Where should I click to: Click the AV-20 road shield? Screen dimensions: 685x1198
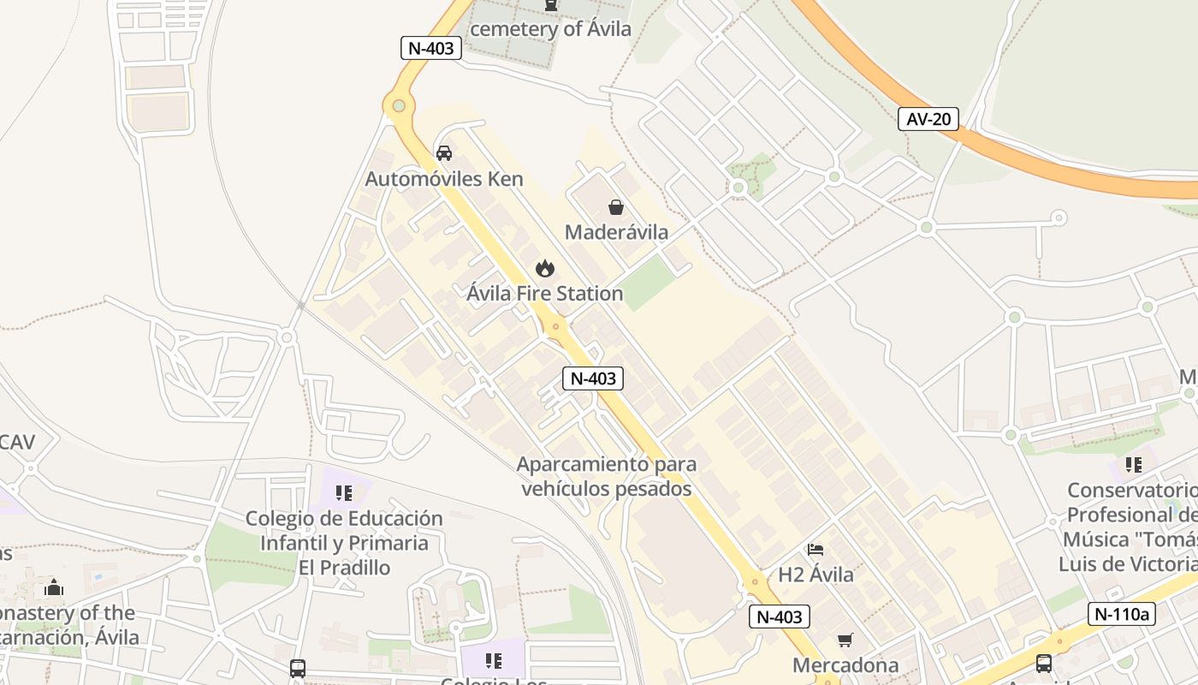click(x=928, y=119)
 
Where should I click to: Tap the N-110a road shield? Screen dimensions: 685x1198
click(x=1122, y=613)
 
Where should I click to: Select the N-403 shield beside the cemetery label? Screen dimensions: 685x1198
click(x=431, y=48)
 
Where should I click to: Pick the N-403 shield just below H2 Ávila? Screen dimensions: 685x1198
click(x=780, y=616)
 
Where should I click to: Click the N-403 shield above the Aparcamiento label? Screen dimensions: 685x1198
click(x=592, y=378)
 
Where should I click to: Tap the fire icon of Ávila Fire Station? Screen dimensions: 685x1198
click(x=545, y=269)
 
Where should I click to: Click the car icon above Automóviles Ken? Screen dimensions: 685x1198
click(x=444, y=153)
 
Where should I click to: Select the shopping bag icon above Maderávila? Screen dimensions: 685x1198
click(x=615, y=207)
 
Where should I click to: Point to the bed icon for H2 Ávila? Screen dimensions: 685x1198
click(x=815, y=549)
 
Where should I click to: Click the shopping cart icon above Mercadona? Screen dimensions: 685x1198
click(x=845, y=640)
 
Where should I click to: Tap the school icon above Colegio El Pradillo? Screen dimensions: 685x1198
click(x=344, y=493)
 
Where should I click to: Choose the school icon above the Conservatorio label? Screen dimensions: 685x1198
click(x=1134, y=465)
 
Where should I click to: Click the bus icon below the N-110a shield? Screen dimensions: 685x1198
click(x=1044, y=663)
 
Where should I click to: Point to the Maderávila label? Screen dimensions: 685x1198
click(x=616, y=232)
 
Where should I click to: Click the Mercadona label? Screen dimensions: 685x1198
click(x=845, y=665)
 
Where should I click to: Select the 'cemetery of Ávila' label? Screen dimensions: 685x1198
click(x=550, y=29)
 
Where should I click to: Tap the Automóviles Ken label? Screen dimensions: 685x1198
click(x=443, y=179)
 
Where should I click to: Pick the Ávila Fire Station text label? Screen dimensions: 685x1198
click(x=545, y=294)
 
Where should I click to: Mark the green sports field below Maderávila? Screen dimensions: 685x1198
click(x=647, y=283)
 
